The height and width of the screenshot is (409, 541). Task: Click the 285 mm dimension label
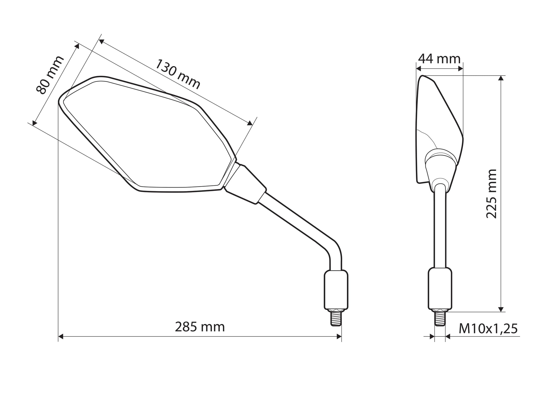(200, 327)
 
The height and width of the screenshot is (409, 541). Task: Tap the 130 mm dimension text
(177, 74)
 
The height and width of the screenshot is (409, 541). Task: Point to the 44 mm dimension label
(439, 59)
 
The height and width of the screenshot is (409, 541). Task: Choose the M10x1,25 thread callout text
(488, 329)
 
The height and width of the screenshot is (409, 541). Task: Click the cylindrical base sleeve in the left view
(336, 290)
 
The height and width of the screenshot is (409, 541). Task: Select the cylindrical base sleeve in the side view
(440, 289)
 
